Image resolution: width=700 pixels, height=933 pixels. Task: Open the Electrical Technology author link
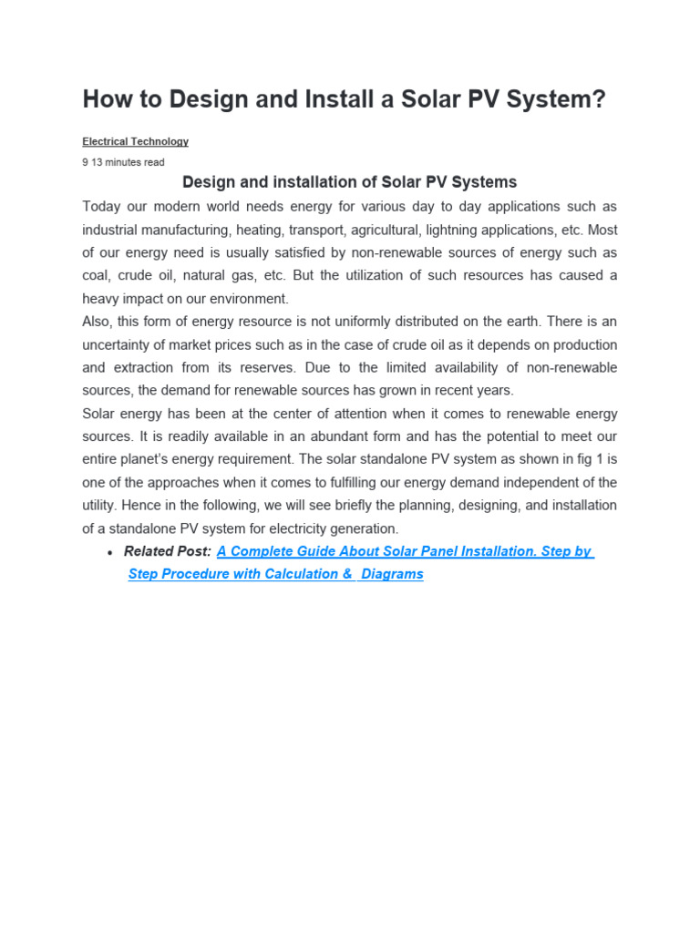coord(135,142)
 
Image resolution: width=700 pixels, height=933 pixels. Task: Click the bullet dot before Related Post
coord(110,553)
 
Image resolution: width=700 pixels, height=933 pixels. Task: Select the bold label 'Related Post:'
coord(168,551)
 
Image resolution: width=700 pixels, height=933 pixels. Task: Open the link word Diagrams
coord(392,574)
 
